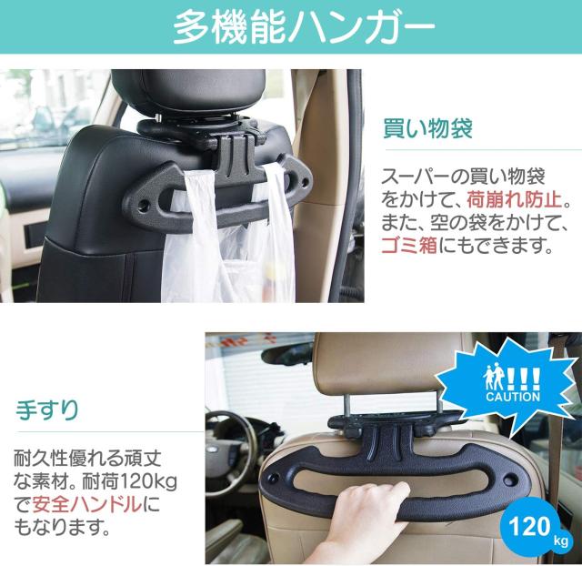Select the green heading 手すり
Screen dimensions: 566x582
click(46, 408)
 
